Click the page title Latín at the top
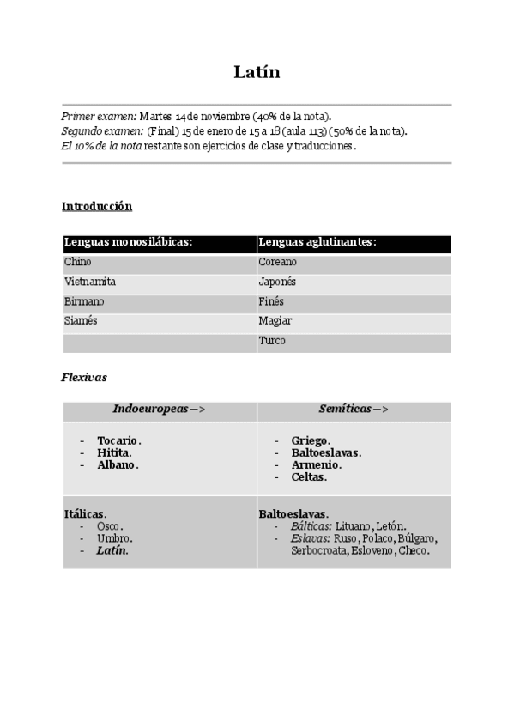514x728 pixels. pos(257,72)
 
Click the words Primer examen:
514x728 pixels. pos(99,116)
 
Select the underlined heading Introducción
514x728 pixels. pos(97,206)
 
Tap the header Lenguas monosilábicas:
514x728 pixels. pos(128,242)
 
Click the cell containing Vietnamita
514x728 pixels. pos(90,282)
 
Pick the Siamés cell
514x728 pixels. pos(81,321)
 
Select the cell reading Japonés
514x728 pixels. pos(277,282)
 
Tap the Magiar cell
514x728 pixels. pos(275,321)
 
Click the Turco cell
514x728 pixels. pos(272,341)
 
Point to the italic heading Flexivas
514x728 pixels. pos(84,376)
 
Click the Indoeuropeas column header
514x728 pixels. pos(160,409)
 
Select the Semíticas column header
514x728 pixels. pos(354,409)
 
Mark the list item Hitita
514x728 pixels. pos(114,452)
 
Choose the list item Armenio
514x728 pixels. pos(313,464)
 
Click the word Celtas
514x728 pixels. pos(309,476)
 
